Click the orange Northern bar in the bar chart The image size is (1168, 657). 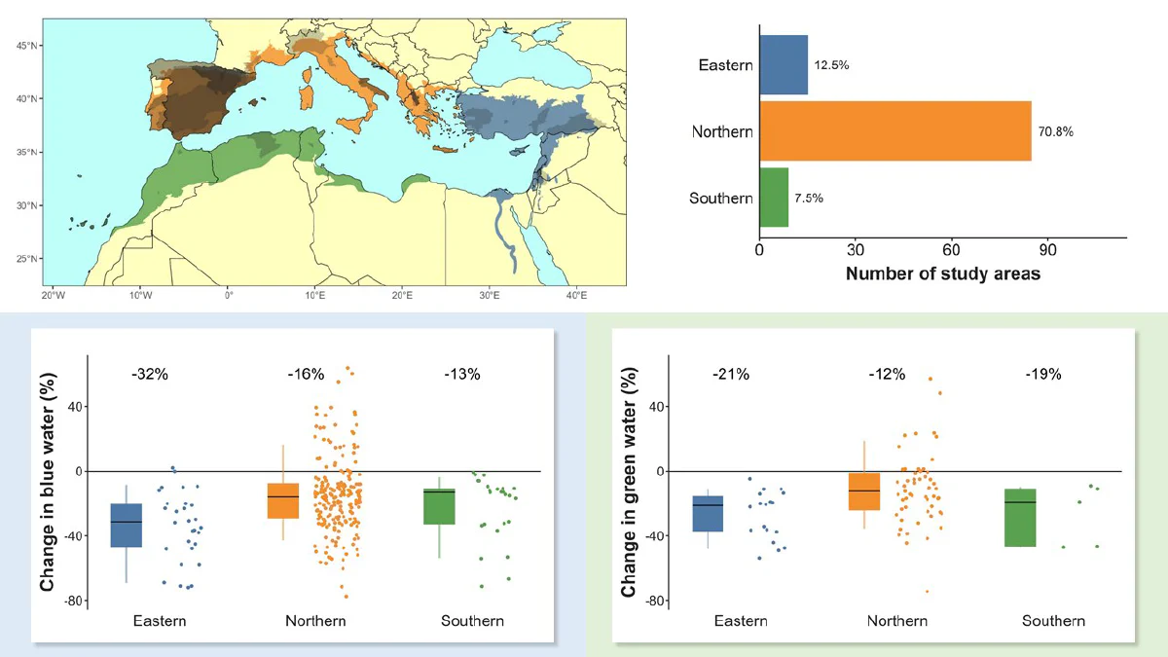pos(895,130)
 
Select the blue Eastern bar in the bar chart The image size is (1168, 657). pos(784,64)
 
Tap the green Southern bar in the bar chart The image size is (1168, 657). pos(774,197)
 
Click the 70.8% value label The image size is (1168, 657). pos(1055,131)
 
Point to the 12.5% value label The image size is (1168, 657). pos(831,65)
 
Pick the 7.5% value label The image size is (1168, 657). pos(809,199)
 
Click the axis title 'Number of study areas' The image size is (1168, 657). pos(943,274)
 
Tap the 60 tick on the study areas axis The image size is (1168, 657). pos(951,250)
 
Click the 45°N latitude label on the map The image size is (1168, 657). pos(26,46)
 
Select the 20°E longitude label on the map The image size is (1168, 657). pos(402,296)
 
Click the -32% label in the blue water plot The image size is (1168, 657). pos(150,375)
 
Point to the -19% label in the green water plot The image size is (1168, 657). pos(1043,375)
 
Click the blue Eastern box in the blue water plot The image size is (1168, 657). pos(127,525)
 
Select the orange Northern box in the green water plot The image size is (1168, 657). pos(864,492)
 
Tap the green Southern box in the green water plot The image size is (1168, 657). pos(1020,518)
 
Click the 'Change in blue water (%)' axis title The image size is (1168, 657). pos(48,483)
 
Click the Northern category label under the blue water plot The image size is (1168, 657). pos(315,621)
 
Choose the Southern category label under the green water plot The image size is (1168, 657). pos(1053,621)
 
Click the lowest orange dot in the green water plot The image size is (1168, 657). pos(927,592)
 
